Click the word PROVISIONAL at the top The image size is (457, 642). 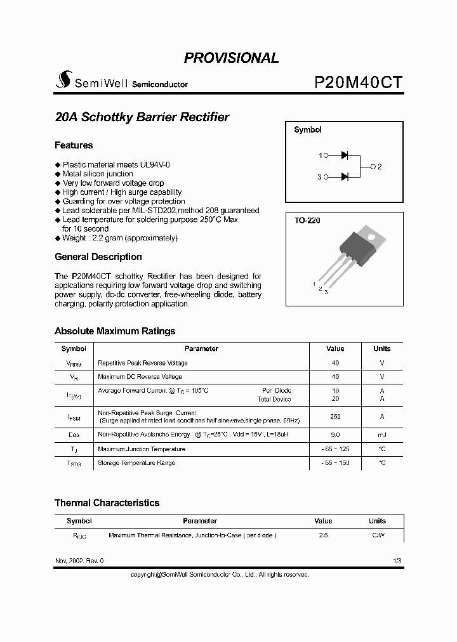coord(231,58)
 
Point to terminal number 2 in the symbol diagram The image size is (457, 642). coord(379,166)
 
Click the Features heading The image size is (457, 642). coord(74,145)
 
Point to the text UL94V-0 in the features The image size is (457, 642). coord(155,164)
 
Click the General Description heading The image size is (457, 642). coord(98,257)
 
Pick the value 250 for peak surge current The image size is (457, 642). coord(335,417)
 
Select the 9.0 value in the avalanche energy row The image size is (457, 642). coord(335,435)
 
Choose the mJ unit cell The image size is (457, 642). coord(381,435)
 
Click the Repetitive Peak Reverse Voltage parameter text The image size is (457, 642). coord(142,363)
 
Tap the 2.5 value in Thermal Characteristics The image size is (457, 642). coord(323,535)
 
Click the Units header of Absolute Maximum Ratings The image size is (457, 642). coord(381,348)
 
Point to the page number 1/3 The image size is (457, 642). coord(397,561)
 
